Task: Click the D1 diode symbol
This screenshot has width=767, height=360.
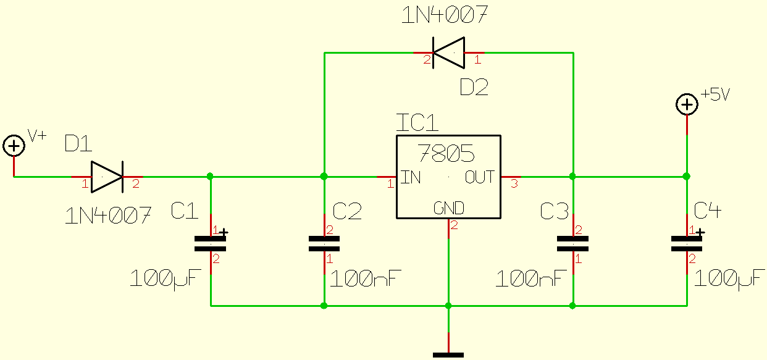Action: point(107,177)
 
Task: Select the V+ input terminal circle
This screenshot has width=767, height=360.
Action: point(14,146)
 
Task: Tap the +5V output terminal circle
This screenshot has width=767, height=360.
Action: point(686,104)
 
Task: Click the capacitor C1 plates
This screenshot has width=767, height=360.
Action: point(211,244)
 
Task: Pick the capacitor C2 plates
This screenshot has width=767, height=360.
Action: point(324,244)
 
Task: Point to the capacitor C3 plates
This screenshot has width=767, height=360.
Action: point(573,244)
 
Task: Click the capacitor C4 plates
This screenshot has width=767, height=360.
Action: point(687,244)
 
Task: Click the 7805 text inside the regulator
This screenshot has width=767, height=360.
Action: point(446,153)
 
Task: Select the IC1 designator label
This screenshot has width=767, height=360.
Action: point(417,123)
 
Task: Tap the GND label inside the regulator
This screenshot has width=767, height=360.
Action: point(448,207)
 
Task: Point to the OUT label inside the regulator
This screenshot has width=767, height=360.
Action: point(480,177)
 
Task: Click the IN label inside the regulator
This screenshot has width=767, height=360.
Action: point(411,178)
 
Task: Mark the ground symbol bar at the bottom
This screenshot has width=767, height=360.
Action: point(448,354)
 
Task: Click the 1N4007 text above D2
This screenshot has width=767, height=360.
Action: point(445,15)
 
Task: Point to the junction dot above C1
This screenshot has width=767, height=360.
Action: point(211,177)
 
